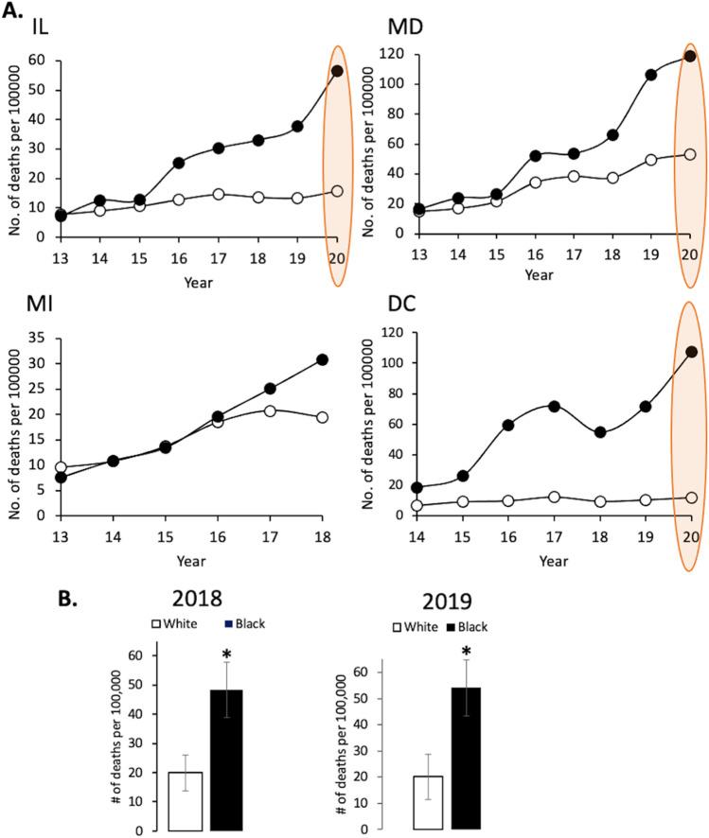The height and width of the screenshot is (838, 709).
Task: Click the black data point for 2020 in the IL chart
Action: point(337,71)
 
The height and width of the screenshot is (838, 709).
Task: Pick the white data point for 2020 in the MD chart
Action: point(690,154)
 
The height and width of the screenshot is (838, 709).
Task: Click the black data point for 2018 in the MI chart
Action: point(322,359)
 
